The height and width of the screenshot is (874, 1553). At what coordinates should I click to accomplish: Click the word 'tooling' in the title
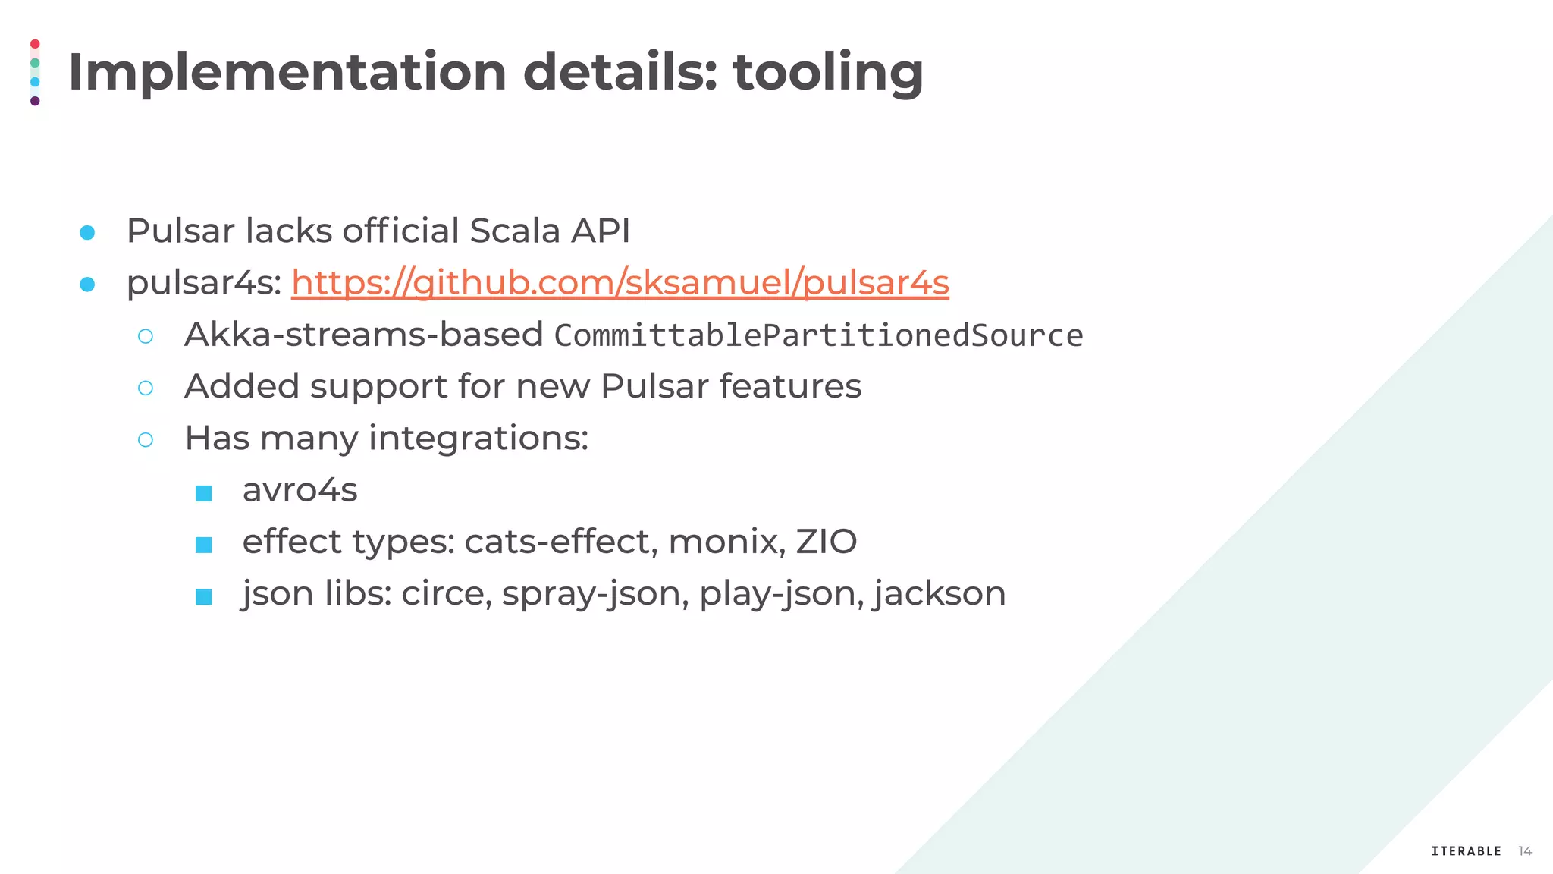coord(828,73)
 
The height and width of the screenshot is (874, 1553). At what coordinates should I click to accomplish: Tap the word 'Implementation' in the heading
coord(287,73)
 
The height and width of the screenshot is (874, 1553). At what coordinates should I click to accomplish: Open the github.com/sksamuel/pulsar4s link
coord(620,283)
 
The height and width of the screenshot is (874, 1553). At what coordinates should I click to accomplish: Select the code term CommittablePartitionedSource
coord(818,335)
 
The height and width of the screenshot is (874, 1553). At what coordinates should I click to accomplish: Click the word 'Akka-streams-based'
coord(363,335)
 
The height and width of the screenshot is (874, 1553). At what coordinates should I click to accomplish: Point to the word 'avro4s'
coord(300,490)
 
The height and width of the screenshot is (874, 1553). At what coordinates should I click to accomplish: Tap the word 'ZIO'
coord(826,542)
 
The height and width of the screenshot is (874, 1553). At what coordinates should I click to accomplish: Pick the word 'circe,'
coord(447,593)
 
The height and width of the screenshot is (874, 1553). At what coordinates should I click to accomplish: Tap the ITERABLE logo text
coord(1466,851)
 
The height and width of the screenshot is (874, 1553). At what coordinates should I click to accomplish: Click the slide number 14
coord(1525,851)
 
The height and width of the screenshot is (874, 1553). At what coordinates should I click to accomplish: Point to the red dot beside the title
coord(35,44)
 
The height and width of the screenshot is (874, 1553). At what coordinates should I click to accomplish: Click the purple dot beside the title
coord(35,101)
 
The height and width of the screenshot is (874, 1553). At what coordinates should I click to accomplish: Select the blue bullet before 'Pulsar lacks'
coord(87,233)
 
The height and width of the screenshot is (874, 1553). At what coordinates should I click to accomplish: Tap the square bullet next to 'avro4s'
coord(203,494)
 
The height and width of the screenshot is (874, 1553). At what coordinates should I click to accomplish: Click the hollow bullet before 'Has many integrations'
coord(146,440)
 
